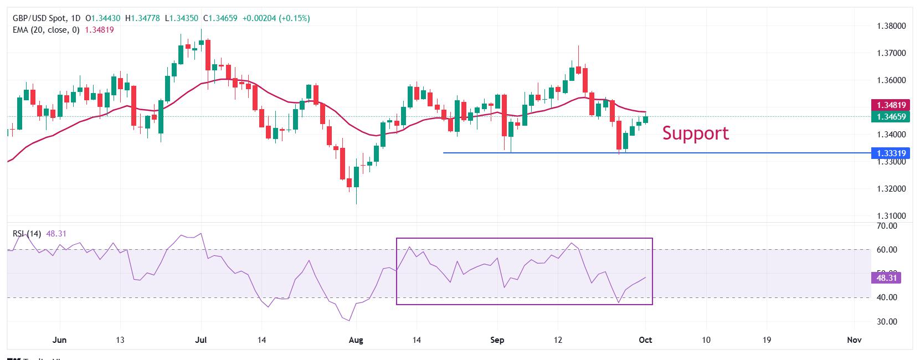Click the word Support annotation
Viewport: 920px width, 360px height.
[x=695, y=133]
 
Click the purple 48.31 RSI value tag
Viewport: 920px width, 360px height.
[x=886, y=277]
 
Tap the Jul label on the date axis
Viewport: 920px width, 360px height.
[x=201, y=340]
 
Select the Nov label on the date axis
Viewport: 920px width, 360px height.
[x=854, y=340]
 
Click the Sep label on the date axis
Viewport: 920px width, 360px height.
[x=497, y=340]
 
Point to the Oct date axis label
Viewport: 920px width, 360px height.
[x=645, y=340]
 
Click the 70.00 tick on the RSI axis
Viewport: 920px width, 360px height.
[x=887, y=226]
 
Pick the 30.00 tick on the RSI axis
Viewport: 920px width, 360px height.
[x=887, y=322]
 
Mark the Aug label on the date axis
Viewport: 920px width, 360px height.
[x=357, y=340]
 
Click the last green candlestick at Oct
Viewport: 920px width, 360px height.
[x=645, y=119]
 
